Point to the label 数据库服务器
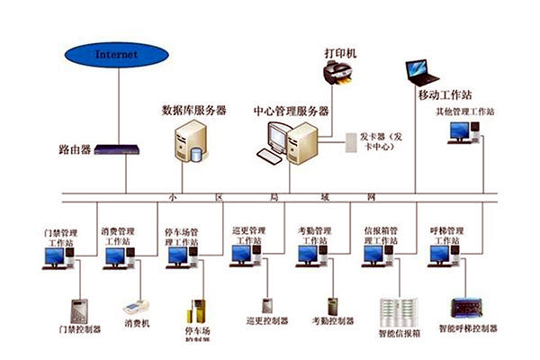[x=193, y=111]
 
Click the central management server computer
[x=290, y=144]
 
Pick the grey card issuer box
[x=351, y=141]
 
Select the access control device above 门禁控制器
[x=79, y=310]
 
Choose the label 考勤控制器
[x=331, y=321]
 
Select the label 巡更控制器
[x=266, y=321]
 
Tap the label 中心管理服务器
[x=292, y=111]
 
